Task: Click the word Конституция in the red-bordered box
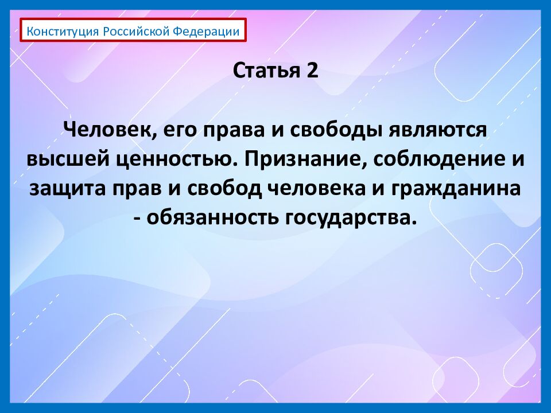point(64,31)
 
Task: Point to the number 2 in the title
point(312,72)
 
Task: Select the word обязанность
point(209,219)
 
